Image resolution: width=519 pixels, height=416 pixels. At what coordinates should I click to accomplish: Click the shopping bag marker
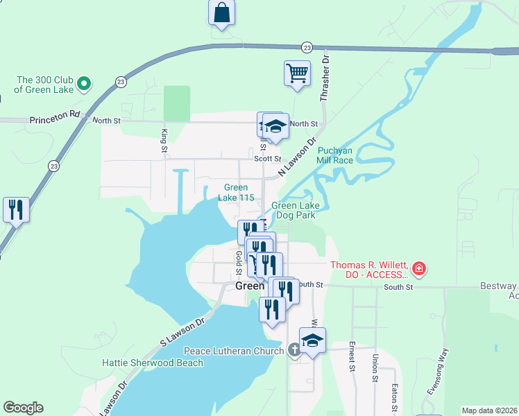[221, 12]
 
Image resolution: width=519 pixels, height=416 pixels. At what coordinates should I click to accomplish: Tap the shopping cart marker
[297, 73]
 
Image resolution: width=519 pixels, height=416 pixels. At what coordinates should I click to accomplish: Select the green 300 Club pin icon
[83, 85]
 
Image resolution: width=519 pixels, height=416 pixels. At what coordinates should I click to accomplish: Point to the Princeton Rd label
[56, 120]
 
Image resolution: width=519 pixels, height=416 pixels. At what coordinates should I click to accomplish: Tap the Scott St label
[267, 159]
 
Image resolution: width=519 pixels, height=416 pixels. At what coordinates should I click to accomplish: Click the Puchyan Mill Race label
[335, 155]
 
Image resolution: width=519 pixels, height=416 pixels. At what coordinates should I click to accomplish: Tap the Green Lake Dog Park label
[293, 210]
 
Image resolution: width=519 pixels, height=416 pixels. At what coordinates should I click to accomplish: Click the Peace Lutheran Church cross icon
[294, 351]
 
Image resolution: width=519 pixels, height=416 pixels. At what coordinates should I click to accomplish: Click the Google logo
[23, 408]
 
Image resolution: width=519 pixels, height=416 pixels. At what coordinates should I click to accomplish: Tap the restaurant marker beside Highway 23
[16, 209]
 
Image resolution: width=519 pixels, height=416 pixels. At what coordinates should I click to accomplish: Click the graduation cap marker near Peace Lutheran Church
[313, 340]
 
